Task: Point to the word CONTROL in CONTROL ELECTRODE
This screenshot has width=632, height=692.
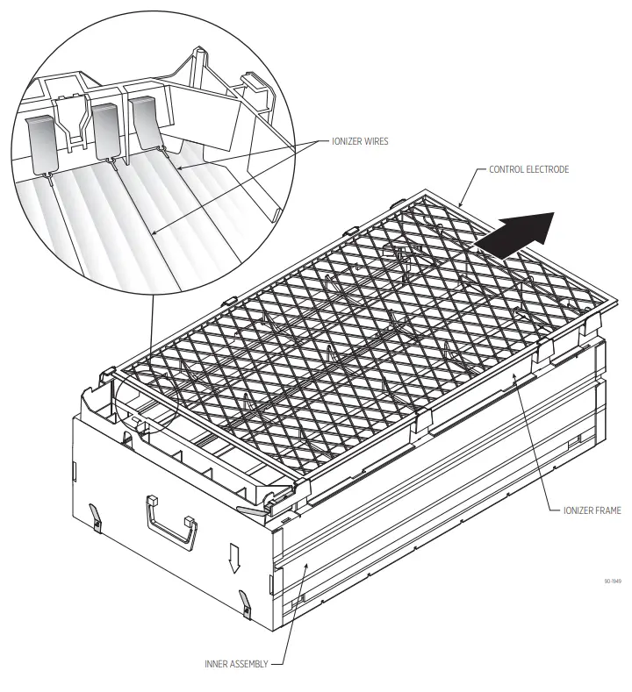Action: (509, 169)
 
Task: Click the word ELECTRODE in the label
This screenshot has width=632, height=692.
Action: (549, 169)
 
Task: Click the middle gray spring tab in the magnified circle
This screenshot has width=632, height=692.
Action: (105, 131)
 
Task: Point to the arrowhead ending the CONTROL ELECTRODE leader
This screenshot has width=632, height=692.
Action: (461, 207)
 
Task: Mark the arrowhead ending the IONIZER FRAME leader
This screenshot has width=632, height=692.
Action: (514, 374)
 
